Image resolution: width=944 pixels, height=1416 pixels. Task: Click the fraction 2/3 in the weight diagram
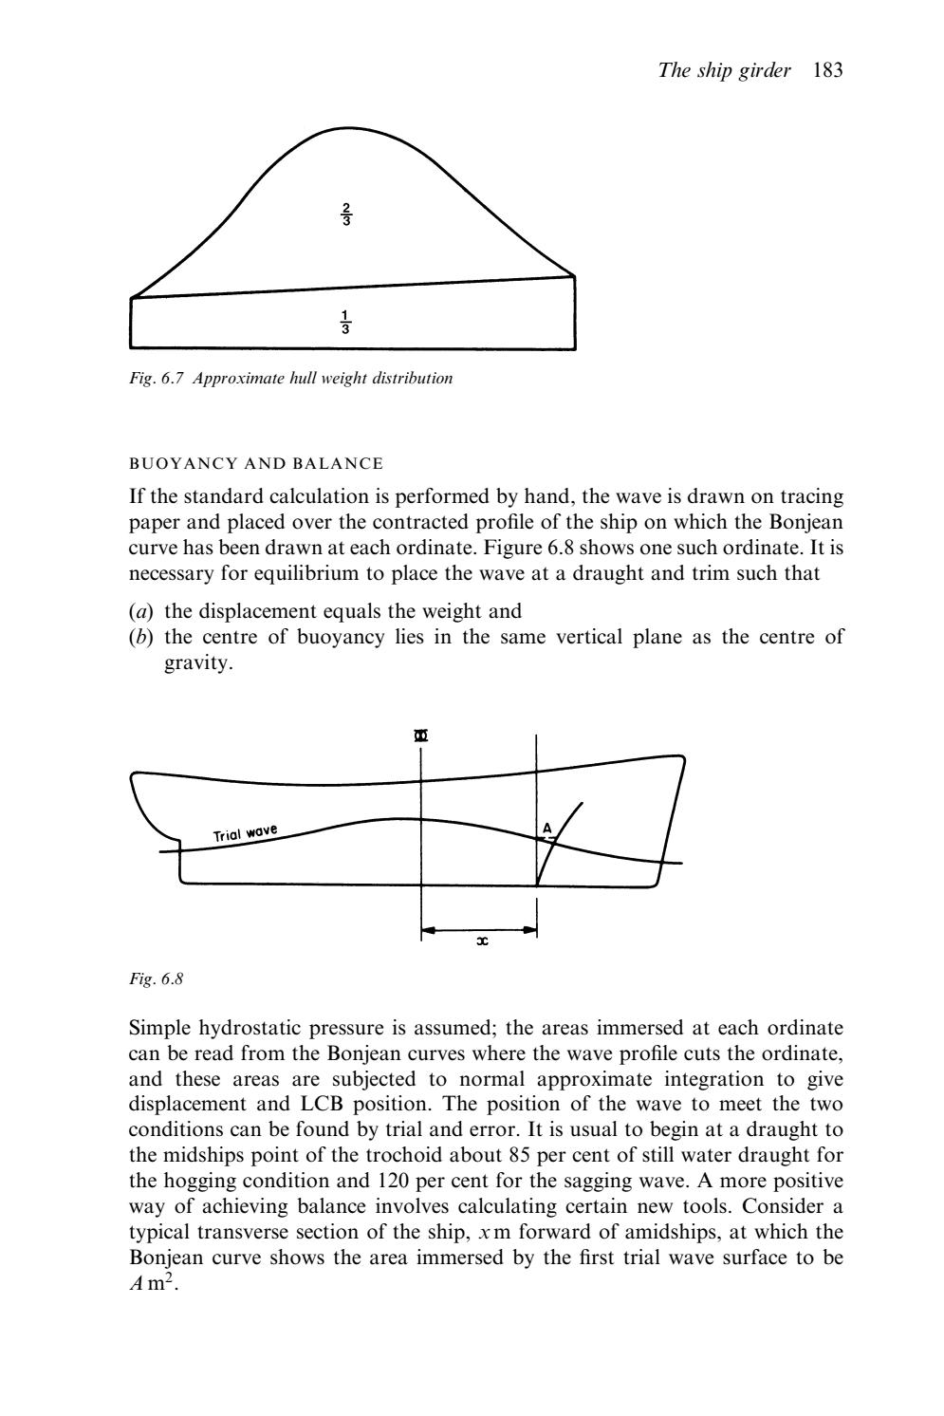coord(347,213)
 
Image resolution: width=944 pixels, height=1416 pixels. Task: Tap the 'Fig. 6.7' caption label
coord(154,379)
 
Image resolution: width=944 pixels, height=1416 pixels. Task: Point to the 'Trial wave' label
coord(245,833)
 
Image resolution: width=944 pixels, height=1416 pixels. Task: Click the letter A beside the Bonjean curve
coord(546,829)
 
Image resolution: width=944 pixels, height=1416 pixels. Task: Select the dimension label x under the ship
coord(481,941)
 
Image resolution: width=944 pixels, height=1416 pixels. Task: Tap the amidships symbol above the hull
coord(420,736)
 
